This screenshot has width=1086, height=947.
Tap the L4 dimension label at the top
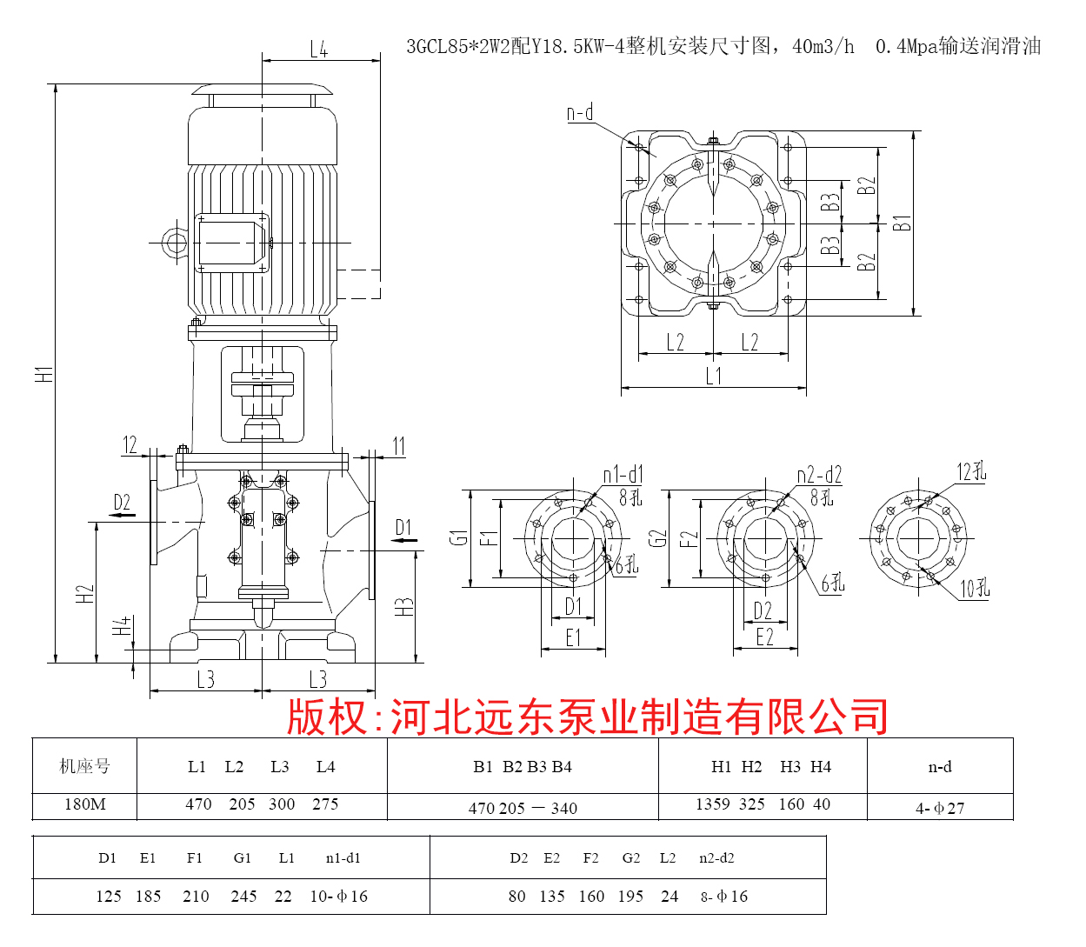319,50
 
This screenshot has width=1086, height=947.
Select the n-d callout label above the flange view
580,113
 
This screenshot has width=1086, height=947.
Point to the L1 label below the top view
713,376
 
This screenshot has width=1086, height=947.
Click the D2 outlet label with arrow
122,504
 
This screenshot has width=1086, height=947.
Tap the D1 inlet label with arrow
403,529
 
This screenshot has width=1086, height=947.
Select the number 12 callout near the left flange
130,445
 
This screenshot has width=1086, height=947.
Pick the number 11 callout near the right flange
398,447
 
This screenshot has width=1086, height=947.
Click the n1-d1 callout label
623,475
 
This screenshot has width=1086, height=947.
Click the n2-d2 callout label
819,475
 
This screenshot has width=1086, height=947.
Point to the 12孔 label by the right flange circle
971,472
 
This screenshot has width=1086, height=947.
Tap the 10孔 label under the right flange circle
974,589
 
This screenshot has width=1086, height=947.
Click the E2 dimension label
764,637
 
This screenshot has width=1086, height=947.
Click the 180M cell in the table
85,804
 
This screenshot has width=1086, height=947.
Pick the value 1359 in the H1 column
712,804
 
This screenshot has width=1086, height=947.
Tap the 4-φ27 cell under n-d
939,808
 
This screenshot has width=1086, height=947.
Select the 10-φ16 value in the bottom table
338,897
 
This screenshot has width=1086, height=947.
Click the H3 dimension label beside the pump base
404,607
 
